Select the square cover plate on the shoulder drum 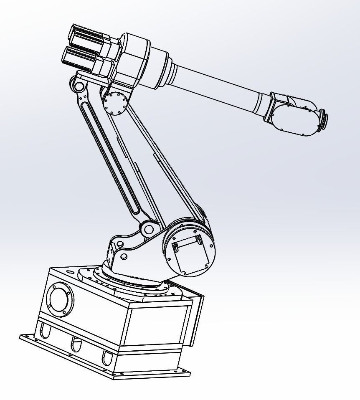point(190,255)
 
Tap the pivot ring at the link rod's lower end point(149,229)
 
